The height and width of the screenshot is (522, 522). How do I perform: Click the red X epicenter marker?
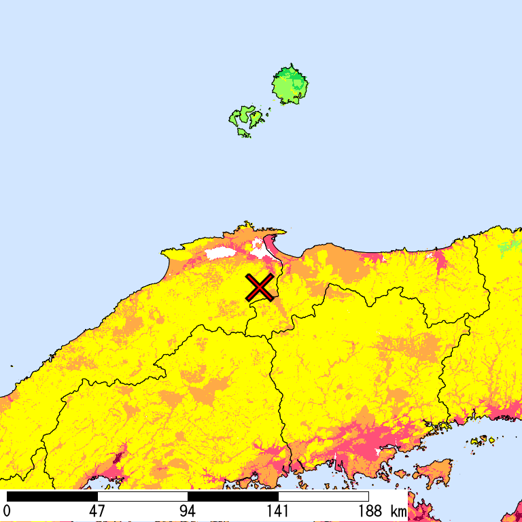tap(259, 288)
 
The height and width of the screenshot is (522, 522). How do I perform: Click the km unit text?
tap(398, 511)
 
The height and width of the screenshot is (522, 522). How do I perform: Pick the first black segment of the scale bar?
tap(52, 496)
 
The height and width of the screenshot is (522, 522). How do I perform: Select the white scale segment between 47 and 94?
tap(142, 496)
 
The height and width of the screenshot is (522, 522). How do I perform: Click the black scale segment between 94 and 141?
tap(232, 496)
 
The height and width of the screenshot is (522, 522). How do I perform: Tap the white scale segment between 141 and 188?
tap(324, 496)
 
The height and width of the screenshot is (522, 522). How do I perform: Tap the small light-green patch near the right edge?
tap(510, 247)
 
